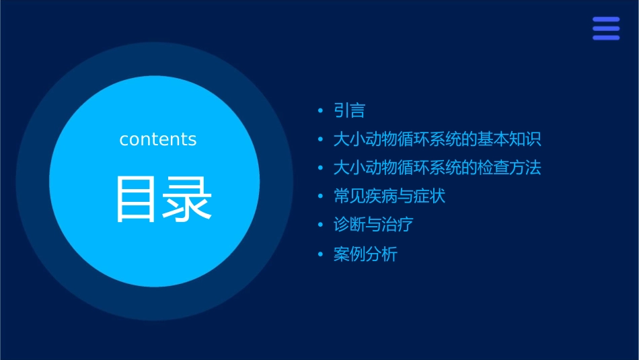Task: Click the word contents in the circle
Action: tap(158, 139)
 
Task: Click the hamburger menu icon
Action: tap(606, 28)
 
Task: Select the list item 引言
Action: tap(349, 110)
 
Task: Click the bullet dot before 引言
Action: tap(320, 110)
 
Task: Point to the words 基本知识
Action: tap(509, 139)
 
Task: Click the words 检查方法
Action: tap(509, 168)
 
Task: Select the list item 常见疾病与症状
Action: tap(389, 196)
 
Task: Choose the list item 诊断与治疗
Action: tap(373, 225)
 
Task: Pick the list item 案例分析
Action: tap(365, 254)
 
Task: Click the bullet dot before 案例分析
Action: tap(320, 254)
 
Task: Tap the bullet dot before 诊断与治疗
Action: tap(320, 225)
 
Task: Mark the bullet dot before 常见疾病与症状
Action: tap(320, 196)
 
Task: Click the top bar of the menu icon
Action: tap(606, 20)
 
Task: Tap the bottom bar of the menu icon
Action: tap(606, 38)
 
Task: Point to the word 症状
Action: tap(430, 196)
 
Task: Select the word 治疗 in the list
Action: tap(398, 225)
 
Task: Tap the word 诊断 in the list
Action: tap(350, 225)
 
